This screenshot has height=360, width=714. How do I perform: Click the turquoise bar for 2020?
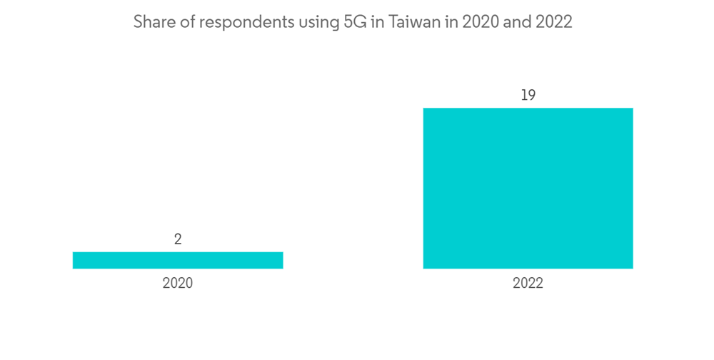(178, 260)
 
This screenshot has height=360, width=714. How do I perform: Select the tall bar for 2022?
(528, 188)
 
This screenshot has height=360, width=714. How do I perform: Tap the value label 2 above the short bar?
(178, 239)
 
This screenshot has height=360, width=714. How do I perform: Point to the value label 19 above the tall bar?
(528, 95)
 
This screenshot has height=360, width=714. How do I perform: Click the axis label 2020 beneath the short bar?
(178, 284)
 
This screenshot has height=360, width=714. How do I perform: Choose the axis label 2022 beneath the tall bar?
(528, 284)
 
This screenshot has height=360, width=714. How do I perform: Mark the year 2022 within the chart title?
(553, 22)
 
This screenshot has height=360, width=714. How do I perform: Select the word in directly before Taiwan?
(376, 22)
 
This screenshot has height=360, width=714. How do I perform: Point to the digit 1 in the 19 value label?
(523, 95)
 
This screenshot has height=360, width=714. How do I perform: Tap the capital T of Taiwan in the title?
(391, 22)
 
